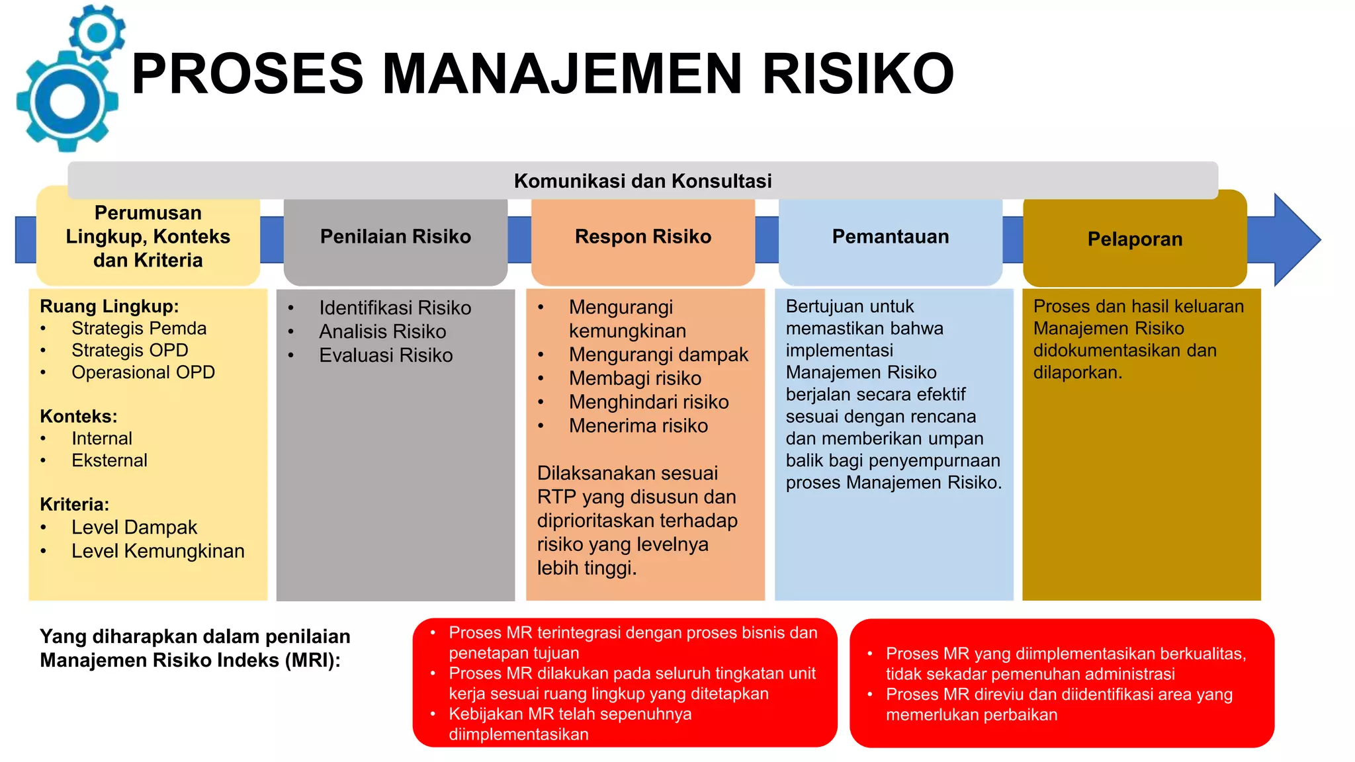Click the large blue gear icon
[x=67, y=102]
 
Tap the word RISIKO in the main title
[x=857, y=73]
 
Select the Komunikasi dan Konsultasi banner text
[x=642, y=181]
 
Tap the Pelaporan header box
[x=1135, y=239]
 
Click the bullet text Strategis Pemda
[x=139, y=329]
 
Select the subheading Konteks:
[x=78, y=416]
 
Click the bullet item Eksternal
[x=109, y=460]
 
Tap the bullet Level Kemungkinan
[x=157, y=551]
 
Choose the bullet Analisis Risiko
[x=382, y=331]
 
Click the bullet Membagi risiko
[x=634, y=378]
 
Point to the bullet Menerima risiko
[x=638, y=426]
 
